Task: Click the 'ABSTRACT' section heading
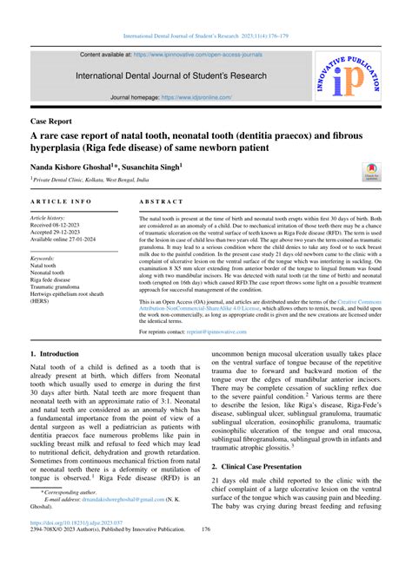point(162,201)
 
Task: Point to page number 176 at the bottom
point(206,552)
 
